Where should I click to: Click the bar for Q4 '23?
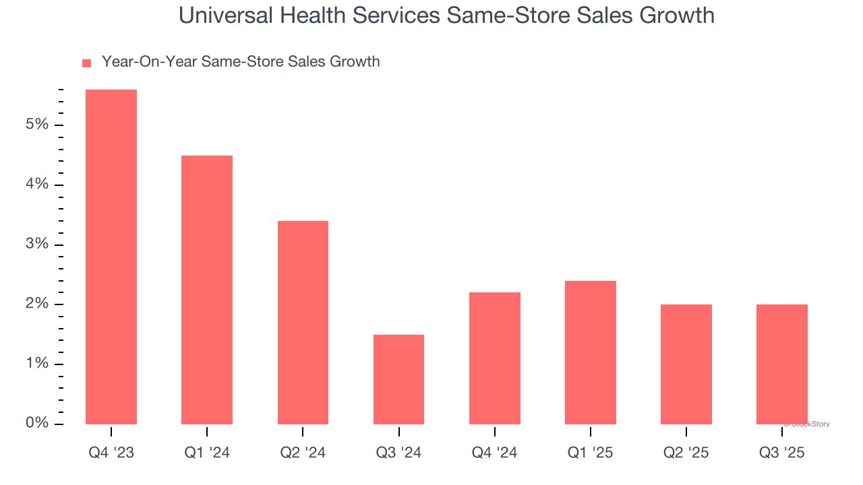(x=111, y=257)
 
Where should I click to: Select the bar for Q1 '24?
(x=207, y=290)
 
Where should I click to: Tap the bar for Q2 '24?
(x=303, y=322)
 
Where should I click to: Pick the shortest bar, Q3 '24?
(x=398, y=379)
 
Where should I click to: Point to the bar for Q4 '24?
(x=495, y=358)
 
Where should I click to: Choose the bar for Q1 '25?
(x=591, y=352)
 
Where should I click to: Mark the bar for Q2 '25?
(x=686, y=364)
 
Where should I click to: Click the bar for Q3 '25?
(x=782, y=364)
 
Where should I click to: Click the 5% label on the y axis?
(x=38, y=125)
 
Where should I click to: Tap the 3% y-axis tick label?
(x=38, y=244)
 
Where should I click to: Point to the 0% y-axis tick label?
(x=38, y=423)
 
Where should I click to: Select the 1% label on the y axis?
(x=38, y=364)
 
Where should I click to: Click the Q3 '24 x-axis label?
(x=398, y=453)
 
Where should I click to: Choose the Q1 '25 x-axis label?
(x=591, y=453)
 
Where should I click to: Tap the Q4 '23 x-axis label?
(x=111, y=453)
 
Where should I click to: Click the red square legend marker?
(x=86, y=63)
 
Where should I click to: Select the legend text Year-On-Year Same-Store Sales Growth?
(x=241, y=62)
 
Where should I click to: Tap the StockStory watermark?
(x=807, y=424)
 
